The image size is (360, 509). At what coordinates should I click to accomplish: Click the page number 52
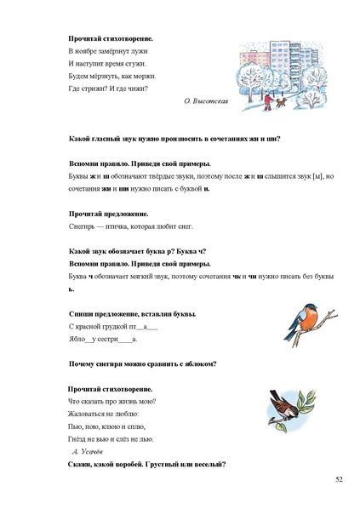tap(339, 480)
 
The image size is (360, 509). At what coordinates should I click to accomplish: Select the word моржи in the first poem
tap(133, 76)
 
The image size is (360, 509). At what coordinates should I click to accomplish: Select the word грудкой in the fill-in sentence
tap(113, 326)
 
